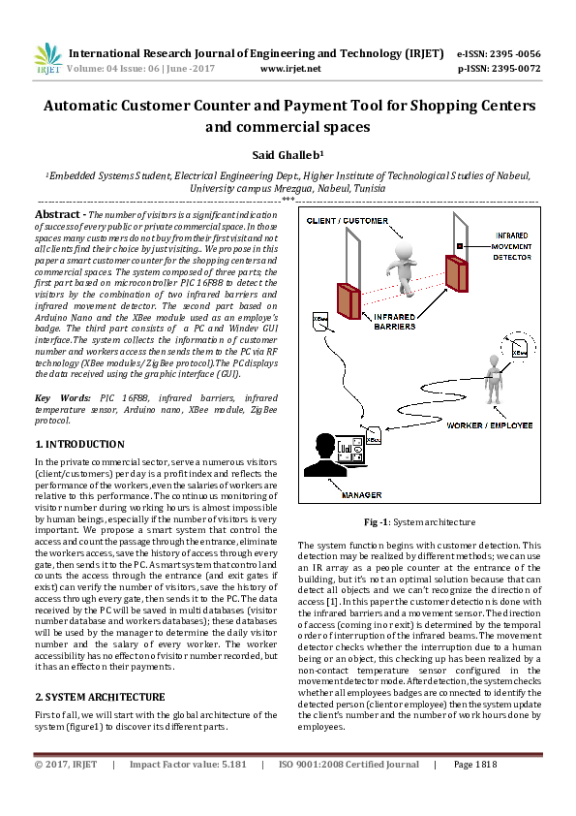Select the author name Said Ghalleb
tap(287, 154)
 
